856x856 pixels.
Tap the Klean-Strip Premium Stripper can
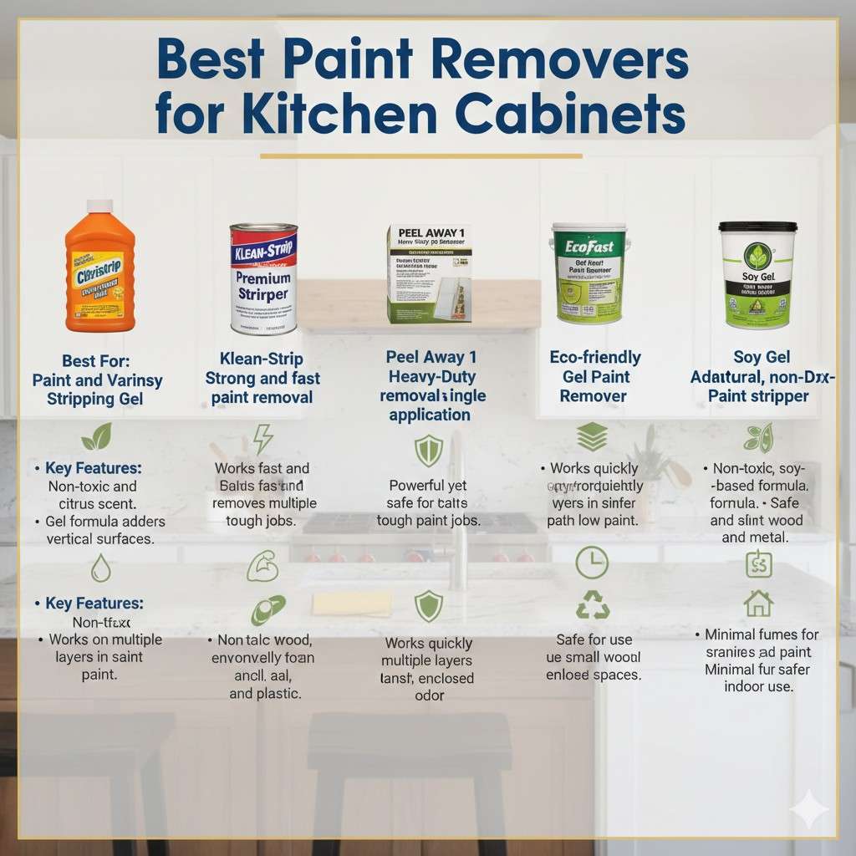[x=263, y=280]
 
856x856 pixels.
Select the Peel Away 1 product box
[x=429, y=273]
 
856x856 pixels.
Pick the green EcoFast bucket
[x=588, y=273]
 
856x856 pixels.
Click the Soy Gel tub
[x=757, y=276]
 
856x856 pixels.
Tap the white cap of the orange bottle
[x=99, y=206]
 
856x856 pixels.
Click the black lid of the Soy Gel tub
[x=757, y=227]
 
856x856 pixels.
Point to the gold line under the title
[x=420, y=155]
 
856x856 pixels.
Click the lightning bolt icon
[x=262, y=438]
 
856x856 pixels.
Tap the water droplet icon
[x=100, y=568]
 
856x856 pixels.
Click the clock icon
[x=592, y=563]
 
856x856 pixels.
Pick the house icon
[x=758, y=602]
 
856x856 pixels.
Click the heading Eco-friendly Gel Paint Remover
[x=594, y=376]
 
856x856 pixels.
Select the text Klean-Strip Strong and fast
[x=262, y=368]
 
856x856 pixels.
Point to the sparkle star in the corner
[x=808, y=808]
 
